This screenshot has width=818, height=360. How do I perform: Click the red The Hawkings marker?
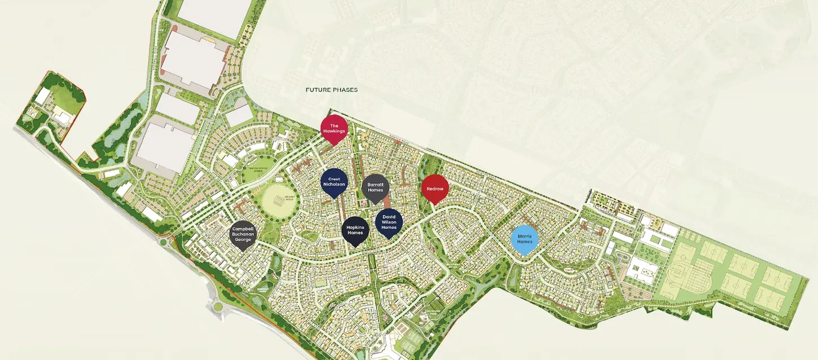tap(333, 128)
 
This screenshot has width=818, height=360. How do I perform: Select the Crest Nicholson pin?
tap(333, 182)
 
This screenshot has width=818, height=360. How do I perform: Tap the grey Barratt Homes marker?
tap(375, 187)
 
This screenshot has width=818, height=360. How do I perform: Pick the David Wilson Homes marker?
tap(389, 222)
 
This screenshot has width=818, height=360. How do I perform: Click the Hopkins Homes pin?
tap(355, 230)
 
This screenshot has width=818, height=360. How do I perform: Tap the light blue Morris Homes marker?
tap(525, 238)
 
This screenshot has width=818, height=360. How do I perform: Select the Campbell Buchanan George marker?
tap(243, 234)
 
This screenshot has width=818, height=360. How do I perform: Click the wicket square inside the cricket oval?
tap(278, 199)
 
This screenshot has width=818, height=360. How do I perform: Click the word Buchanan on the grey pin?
tap(243, 234)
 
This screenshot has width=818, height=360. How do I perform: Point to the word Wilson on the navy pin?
tap(389, 222)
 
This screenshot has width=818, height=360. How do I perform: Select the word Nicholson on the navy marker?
tap(333, 184)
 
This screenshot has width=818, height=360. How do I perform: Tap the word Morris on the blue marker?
tap(525, 235)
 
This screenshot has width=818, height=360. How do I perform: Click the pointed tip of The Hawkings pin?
tap(333, 145)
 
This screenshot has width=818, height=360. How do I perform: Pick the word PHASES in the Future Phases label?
tap(346, 90)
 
